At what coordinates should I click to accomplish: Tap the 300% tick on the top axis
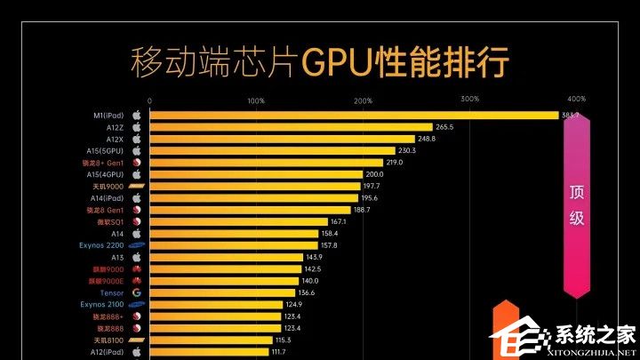click(x=470, y=99)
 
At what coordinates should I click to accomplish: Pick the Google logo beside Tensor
click(x=137, y=292)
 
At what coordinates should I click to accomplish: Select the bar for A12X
click(x=282, y=140)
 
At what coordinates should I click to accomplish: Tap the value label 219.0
click(x=396, y=163)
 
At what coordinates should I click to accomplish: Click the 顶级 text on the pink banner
click(x=577, y=204)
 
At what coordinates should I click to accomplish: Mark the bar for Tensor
click(x=222, y=292)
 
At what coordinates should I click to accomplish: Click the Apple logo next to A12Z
click(x=137, y=127)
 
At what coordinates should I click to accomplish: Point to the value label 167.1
click(x=338, y=221)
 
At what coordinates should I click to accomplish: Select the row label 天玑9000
click(x=108, y=186)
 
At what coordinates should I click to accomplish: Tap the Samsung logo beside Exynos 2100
click(x=137, y=304)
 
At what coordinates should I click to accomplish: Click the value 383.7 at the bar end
click(x=570, y=116)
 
